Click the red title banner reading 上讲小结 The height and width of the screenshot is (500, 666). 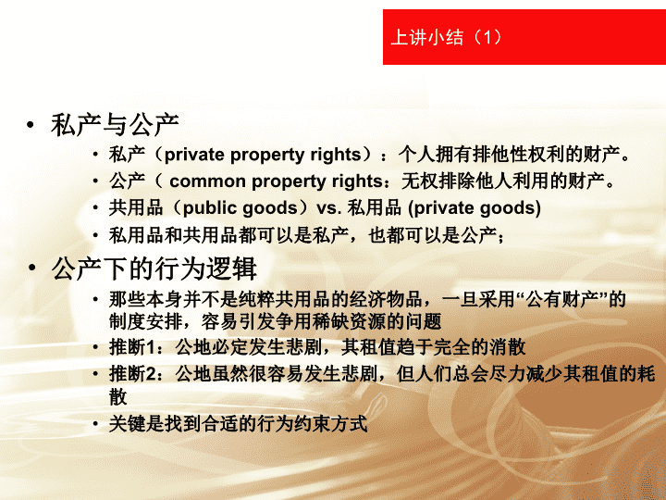pyautogui.click(x=524, y=37)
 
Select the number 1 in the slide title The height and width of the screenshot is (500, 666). pyautogui.click(x=487, y=37)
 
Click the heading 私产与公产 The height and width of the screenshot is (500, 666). pyautogui.click(x=115, y=125)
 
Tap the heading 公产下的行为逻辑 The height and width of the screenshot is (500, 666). pyautogui.click(x=154, y=269)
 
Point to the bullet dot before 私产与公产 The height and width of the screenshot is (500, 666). pyautogui.click(x=30, y=125)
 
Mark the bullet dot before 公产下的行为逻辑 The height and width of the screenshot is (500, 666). pyautogui.click(x=31, y=268)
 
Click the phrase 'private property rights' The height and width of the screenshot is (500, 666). pyautogui.click(x=263, y=155)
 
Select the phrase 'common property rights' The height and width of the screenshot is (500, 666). pyautogui.click(x=276, y=181)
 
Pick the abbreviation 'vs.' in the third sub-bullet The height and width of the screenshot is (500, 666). pyautogui.click(x=329, y=208)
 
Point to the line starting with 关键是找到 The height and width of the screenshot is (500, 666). pyautogui.click(x=239, y=424)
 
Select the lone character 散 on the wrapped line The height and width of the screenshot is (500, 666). pyautogui.click(x=118, y=396)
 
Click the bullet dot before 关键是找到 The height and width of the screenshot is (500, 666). pyautogui.click(x=96, y=424)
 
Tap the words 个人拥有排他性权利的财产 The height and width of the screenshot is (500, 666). pyautogui.click(x=509, y=155)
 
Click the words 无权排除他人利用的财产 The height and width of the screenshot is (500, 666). pyautogui.click(x=503, y=181)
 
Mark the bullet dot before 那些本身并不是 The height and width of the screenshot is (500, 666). pyautogui.click(x=96, y=299)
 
